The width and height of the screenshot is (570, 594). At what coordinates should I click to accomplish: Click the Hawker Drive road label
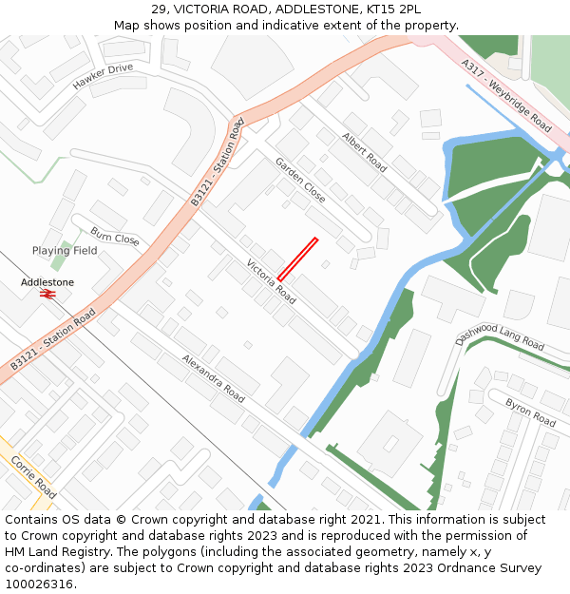click(x=104, y=76)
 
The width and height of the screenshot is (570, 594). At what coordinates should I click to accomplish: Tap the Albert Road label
click(x=365, y=152)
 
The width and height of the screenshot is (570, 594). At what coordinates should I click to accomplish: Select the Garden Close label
click(x=300, y=180)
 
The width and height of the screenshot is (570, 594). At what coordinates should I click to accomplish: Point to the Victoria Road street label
click(x=271, y=281)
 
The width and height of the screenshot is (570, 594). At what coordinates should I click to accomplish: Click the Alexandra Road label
click(x=214, y=378)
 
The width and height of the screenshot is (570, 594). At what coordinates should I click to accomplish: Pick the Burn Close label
click(x=115, y=237)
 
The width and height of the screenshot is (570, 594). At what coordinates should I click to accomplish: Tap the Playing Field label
click(x=65, y=251)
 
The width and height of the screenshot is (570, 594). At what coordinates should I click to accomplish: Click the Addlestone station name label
click(x=47, y=282)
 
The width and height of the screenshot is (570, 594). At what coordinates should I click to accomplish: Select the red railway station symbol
click(x=47, y=295)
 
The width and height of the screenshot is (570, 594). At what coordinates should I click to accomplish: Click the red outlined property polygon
click(x=297, y=259)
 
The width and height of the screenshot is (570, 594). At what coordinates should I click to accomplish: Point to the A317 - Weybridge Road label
click(x=506, y=97)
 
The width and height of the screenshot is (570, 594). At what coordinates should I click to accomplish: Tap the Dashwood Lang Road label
click(x=500, y=336)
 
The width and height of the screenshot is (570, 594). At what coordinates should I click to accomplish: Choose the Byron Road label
click(x=530, y=412)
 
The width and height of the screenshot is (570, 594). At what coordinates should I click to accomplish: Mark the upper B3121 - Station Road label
click(x=218, y=163)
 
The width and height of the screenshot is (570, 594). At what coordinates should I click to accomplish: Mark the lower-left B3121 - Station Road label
click(x=54, y=339)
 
